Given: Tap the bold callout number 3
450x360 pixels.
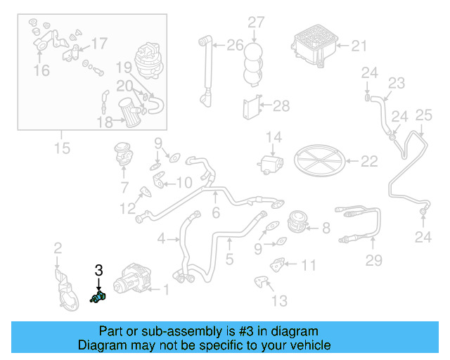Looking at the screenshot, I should tap(98, 270).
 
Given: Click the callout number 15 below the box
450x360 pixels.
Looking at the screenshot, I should tap(62, 148).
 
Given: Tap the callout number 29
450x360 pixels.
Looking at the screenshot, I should tap(373, 261).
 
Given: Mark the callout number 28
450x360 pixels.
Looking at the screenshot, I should tap(281, 106).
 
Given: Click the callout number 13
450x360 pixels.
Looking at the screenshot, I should tap(279, 301).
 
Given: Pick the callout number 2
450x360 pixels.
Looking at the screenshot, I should tap(58, 247).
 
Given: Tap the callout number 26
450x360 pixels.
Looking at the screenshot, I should tap(234, 46).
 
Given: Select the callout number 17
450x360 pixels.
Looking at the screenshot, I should tap(99, 44).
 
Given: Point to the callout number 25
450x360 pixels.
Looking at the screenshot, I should tap(423, 115).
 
